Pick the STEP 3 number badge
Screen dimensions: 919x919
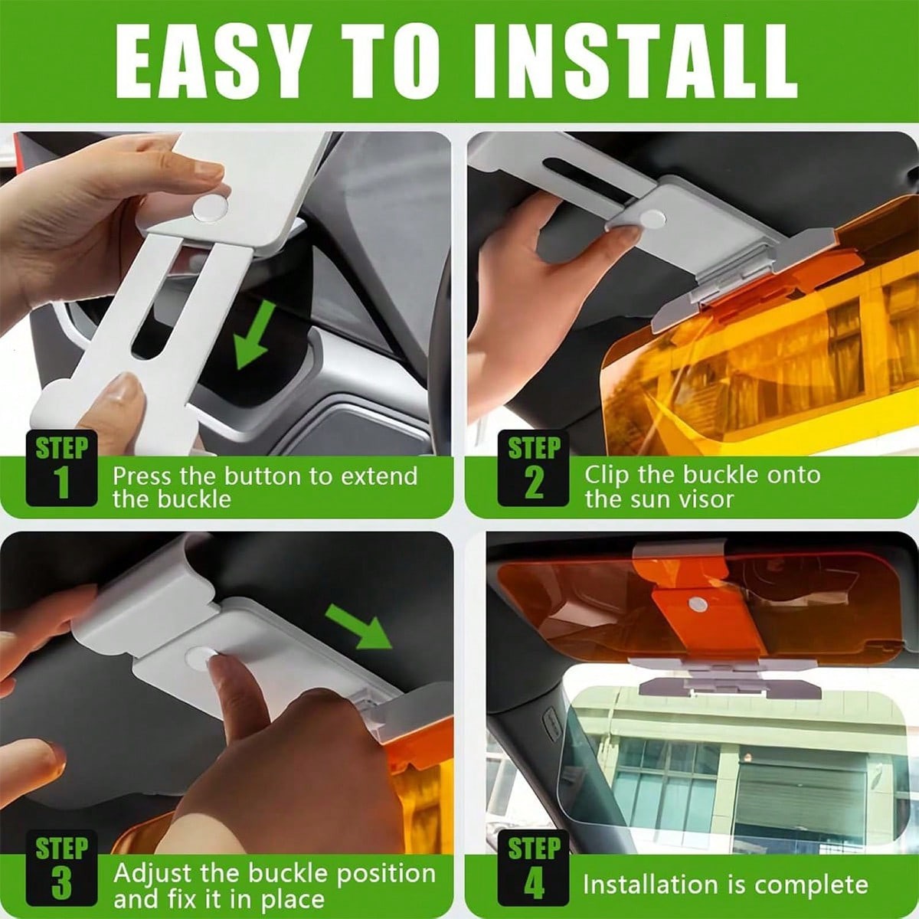coord(61,869)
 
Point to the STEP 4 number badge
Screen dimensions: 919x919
coord(534,869)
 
